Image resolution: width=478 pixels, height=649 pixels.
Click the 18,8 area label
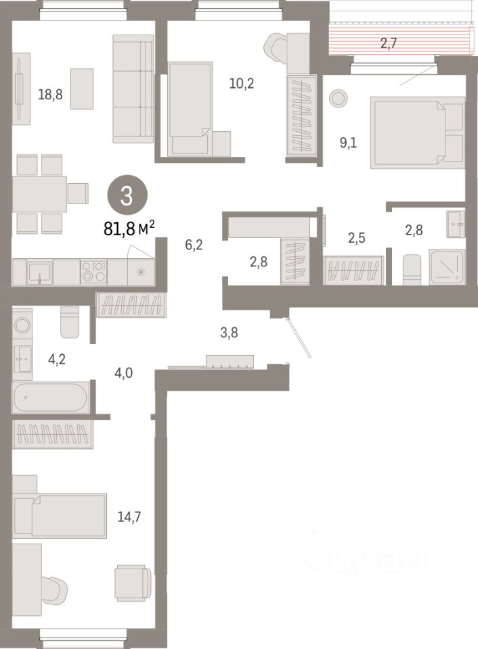(x=50, y=95)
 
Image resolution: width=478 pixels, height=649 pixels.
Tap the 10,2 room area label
(x=242, y=84)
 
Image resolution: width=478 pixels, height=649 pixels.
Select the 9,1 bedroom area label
(x=348, y=143)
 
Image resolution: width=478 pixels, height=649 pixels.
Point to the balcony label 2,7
(x=389, y=43)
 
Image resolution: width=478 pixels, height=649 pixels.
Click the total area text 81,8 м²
(x=129, y=228)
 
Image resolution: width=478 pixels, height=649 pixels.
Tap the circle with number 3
(x=127, y=195)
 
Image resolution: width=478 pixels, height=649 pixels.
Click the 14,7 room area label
(x=129, y=516)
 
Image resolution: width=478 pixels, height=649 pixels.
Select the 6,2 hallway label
(x=194, y=245)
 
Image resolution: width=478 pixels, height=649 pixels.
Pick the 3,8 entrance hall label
(x=229, y=333)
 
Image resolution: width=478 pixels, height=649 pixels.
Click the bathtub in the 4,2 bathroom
(x=50, y=398)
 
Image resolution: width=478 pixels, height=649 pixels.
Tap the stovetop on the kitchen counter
(x=93, y=271)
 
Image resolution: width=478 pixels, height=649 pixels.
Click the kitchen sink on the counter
(x=40, y=272)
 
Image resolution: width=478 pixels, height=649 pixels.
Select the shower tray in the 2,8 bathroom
(x=446, y=266)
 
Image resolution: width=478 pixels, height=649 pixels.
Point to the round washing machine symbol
(x=22, y=325)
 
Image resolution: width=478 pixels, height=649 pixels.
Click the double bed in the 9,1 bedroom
(x=417, y=133)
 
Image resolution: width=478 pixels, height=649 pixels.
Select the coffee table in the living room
(x=82, y=89)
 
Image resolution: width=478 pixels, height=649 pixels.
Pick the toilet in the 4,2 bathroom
(x=70, y=322)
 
